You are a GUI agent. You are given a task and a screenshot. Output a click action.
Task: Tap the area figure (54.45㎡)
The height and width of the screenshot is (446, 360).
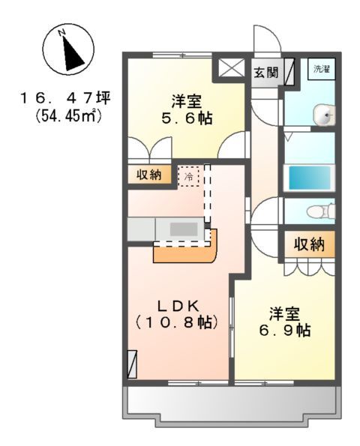tap(61, 117)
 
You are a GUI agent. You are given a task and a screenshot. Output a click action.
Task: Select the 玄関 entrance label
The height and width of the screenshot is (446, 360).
tap(265, 73)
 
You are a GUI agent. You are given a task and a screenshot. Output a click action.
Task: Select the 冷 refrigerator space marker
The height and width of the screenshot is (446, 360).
tap(189, 176)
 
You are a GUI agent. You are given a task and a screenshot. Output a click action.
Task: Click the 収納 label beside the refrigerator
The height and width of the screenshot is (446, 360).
tap(148, 175)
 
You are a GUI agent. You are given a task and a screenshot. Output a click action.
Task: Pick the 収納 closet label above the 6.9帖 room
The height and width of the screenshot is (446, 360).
tap(307, 244)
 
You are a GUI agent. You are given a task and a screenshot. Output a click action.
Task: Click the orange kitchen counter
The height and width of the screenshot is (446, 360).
tap(184, 251)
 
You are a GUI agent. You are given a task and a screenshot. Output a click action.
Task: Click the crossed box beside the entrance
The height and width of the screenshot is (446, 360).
tap(227, 70)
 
